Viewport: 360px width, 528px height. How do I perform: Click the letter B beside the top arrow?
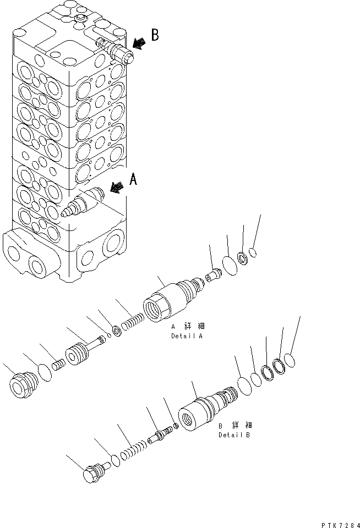click(x=155, y=35)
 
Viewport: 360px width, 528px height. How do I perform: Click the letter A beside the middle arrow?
click(x=133, y=179)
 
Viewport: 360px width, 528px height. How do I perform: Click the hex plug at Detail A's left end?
click(x=23, y=384)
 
